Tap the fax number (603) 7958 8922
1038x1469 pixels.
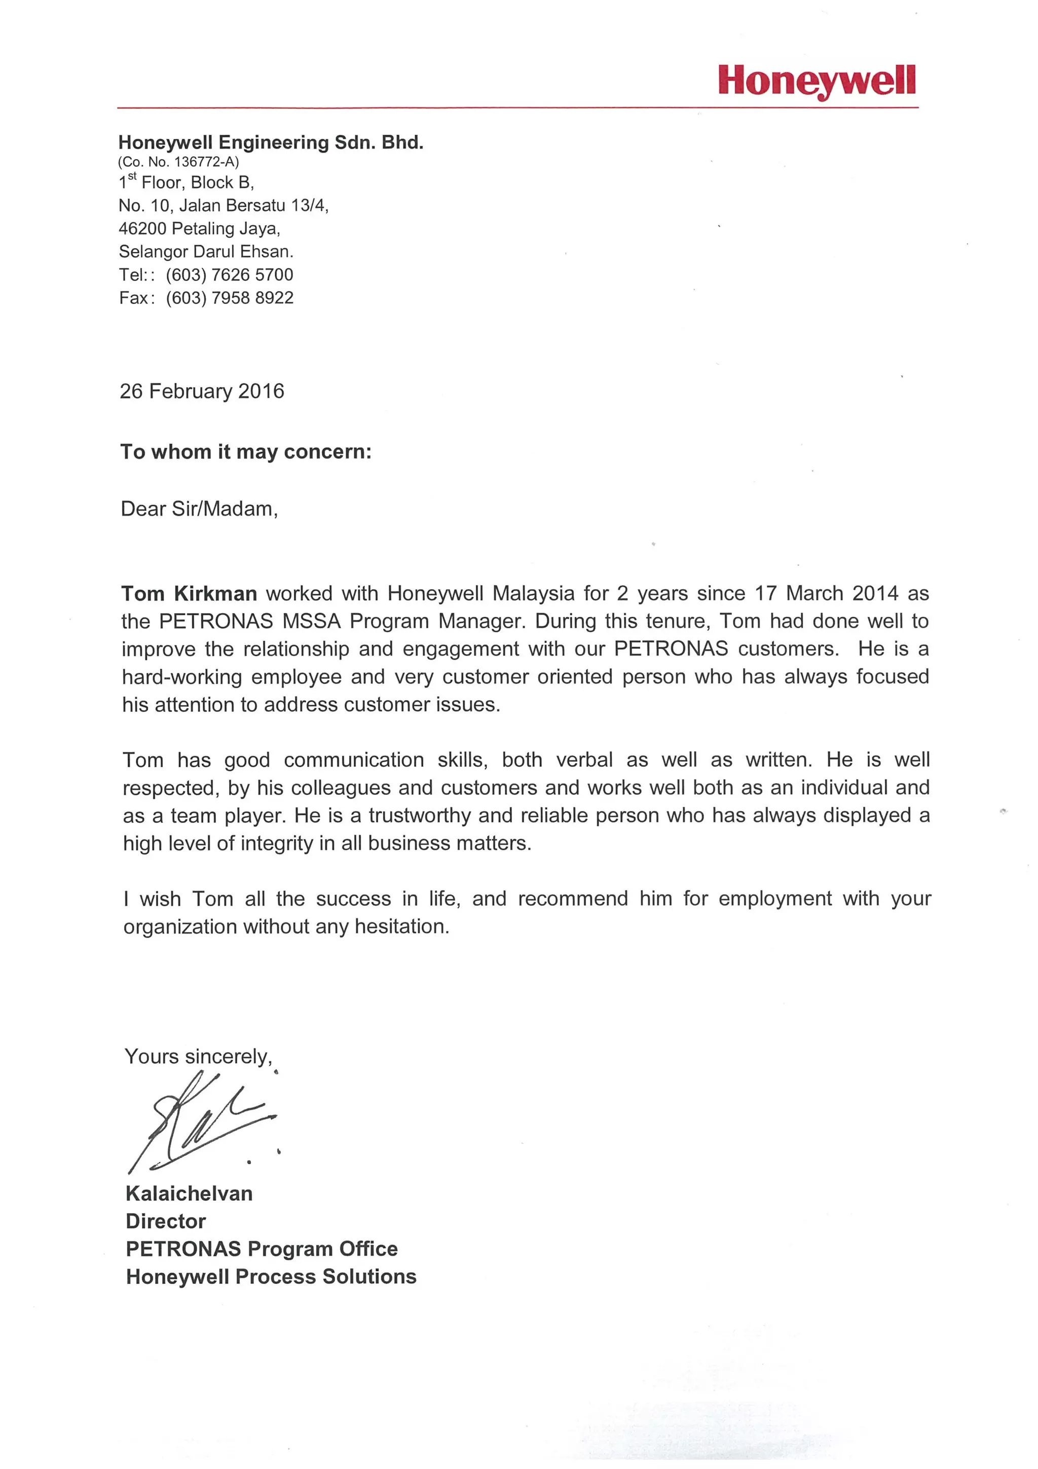[x=229, y=298]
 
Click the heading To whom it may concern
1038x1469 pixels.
[x=246, y=452]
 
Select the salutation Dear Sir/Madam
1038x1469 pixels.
[x=199, y=509]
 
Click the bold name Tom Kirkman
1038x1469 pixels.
[x=190, y=593]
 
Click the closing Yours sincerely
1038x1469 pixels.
[x=198, y=1056]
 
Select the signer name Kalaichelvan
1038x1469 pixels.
[x=190, y=1193]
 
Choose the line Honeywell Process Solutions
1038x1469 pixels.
[x=271, y=1276]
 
